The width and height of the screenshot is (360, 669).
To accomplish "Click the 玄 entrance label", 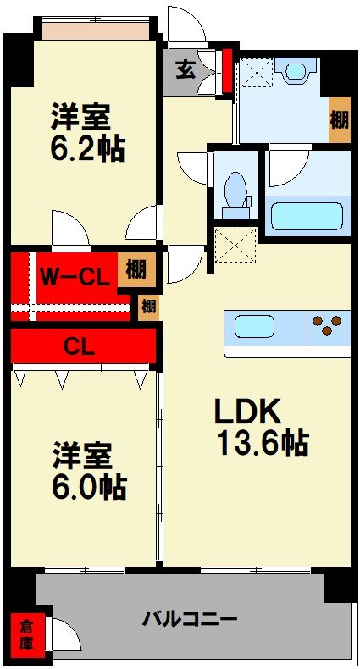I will [186, 69].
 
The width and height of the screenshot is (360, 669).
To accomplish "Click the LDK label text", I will [246, 412].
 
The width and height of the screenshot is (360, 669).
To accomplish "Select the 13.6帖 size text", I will [261, 443].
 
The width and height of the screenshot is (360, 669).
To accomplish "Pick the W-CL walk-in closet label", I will [75, 275].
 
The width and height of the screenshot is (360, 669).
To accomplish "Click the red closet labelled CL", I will [83, 346].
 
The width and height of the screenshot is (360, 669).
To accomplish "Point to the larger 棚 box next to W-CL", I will [136, 270].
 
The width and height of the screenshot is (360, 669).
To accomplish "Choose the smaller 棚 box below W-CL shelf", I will [148, 305].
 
